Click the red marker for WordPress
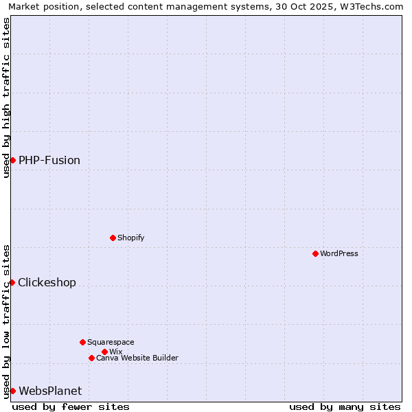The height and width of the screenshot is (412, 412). [315, 253]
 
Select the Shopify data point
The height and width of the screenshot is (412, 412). [113, 238]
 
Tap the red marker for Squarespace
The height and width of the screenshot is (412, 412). [82, 342]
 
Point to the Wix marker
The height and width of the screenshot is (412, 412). [104, 352]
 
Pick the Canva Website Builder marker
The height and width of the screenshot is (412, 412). [91, 358]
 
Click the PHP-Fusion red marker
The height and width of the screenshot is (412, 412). [12, 160]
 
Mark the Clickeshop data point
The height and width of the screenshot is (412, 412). [12, 282]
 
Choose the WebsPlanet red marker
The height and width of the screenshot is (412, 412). [12, 391]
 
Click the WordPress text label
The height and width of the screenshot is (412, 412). [339, 253]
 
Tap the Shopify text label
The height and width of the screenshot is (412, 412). [130, 238]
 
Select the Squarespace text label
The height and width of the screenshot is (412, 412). [111, 342]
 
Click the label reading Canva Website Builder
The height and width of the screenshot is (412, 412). [137, 358]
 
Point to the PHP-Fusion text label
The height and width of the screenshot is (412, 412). [49, 160]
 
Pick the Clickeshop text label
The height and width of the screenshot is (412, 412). [47, 282]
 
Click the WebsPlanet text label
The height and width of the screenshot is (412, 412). [50, 391]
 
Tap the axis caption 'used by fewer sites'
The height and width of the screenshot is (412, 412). [71, 407]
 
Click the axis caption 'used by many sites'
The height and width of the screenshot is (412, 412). [345, 407]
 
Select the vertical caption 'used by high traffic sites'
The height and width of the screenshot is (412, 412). [6, 98]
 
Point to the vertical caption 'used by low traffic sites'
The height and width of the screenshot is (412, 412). [6, 321]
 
